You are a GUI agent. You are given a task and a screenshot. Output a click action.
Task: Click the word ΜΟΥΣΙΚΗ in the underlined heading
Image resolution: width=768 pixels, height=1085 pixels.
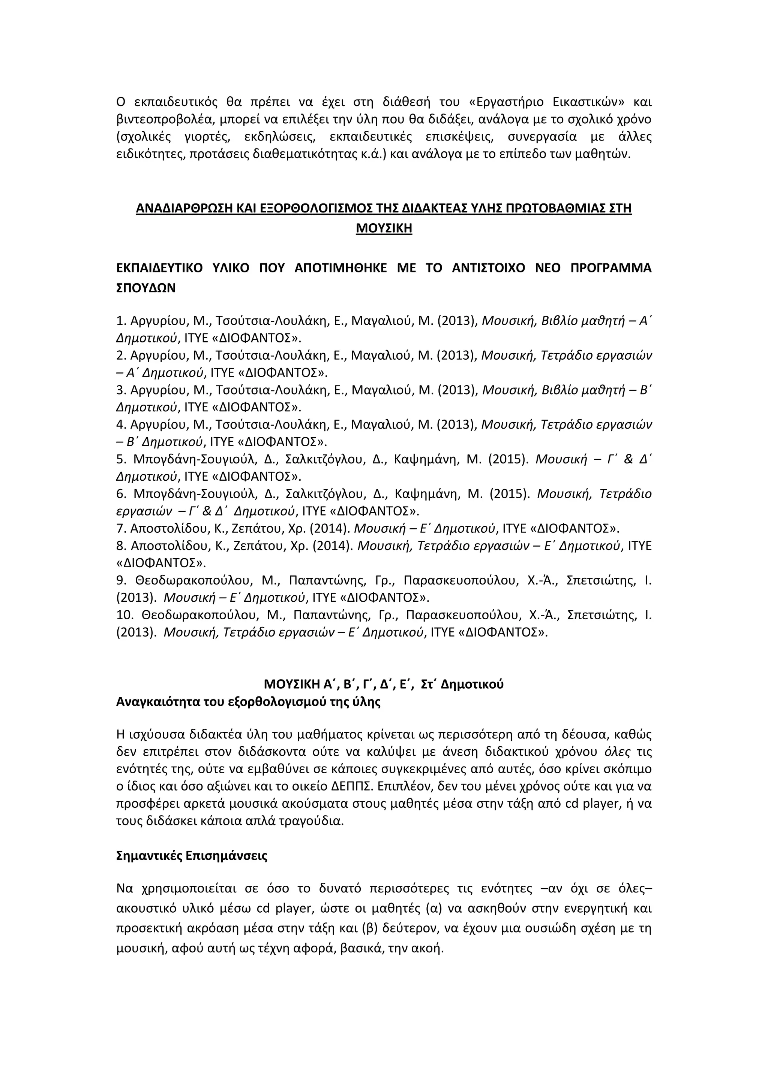(x=384, y=229)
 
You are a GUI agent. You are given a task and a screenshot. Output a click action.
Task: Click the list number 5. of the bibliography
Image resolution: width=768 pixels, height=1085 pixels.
(x=121, y=459)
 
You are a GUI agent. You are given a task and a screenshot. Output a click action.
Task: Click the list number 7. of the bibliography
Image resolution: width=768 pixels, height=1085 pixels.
(x=121, y=528)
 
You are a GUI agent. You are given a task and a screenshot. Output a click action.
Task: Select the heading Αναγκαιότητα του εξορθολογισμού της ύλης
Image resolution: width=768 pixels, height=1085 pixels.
(x=248, y=702)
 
